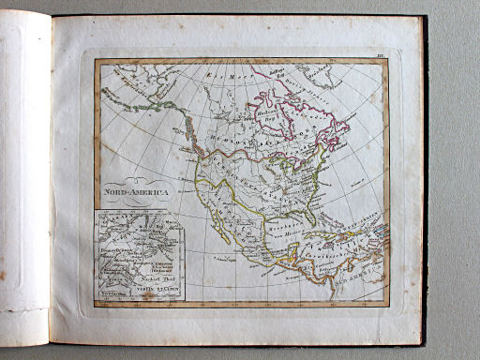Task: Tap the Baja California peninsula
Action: click(x=225, y=225)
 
